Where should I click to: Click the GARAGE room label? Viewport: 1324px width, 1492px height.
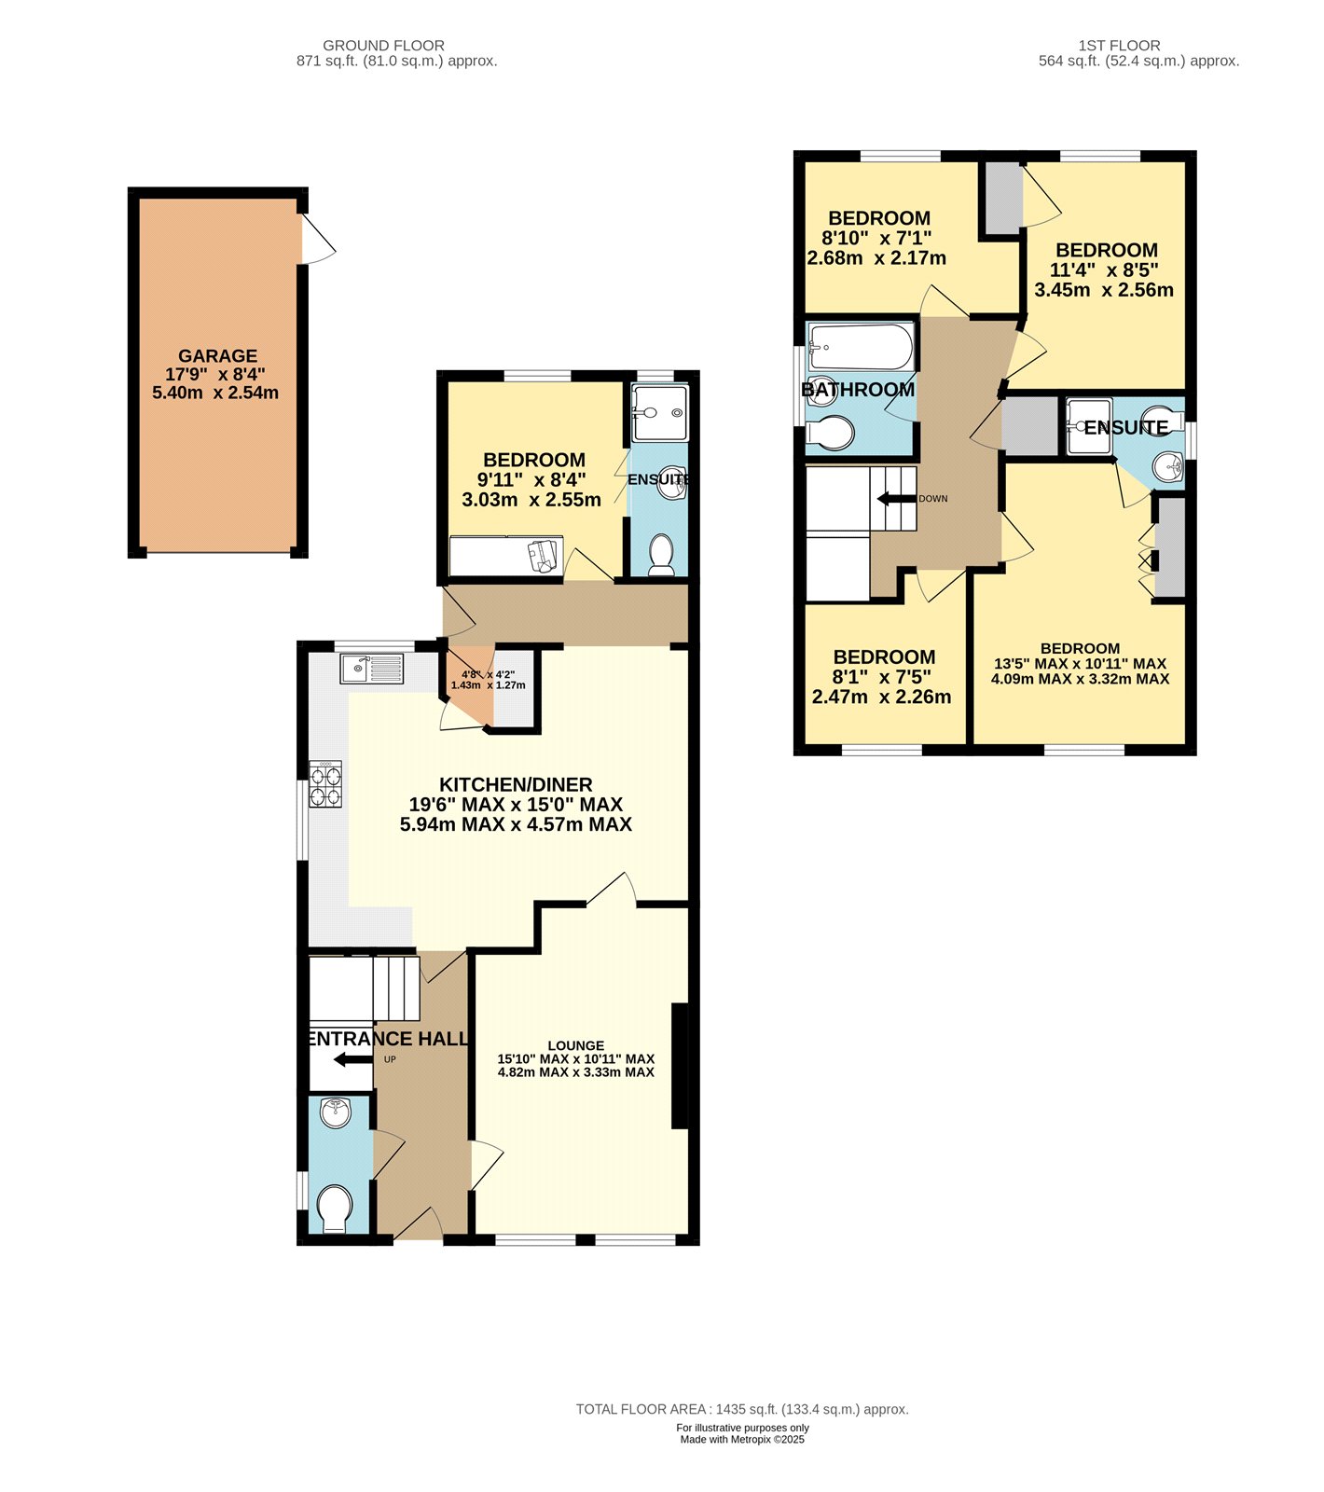click(217, 356)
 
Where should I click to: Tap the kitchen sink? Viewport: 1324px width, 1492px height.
click(372, 669)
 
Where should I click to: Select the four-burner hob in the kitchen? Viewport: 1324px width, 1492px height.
click(325, 783)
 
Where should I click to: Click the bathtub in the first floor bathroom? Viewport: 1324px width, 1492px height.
click(861, 347)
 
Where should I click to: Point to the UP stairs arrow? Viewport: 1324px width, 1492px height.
click(352, 1059)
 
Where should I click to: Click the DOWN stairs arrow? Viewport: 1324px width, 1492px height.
click(896, 499)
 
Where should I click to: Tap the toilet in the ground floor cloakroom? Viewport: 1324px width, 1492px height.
click(333, 1209)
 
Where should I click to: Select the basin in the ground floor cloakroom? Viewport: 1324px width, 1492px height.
click(335, 1112)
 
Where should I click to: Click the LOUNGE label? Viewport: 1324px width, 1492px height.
click(575, 1045)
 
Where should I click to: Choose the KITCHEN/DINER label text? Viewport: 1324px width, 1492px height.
click(516, 784)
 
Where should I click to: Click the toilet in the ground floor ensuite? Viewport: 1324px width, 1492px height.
click(661, 554)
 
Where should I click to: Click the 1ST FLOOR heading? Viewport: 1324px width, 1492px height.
click(1119, 45)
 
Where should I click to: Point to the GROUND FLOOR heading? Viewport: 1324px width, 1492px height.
click(383, 45)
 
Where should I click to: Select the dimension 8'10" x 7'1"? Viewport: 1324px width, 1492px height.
click(876, 238)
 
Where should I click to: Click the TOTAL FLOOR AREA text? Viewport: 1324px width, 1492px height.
click(741, 1409)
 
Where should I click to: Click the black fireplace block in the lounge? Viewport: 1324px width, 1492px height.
click(680, 1066)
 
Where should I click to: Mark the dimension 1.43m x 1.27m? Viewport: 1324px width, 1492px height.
click(488, 685)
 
